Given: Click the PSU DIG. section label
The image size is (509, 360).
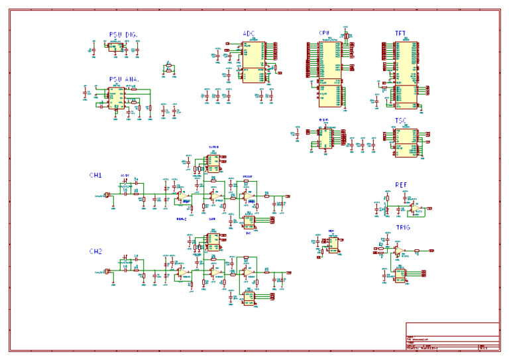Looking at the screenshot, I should click(123, 34).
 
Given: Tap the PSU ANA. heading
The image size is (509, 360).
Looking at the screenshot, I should click(124, 80).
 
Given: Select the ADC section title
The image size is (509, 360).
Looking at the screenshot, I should click(249, 33).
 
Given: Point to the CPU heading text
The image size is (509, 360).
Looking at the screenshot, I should click(324, 33).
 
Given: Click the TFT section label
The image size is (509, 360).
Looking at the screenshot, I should click(401, 33).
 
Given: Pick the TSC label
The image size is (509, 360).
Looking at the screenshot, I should click(401, 121).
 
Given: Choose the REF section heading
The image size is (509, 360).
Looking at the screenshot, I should click(401, 186).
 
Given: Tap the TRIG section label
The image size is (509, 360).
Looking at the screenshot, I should click(403, 227).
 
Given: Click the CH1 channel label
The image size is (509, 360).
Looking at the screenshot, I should click(95, 176).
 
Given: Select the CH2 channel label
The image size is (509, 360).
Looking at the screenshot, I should click(95, 252).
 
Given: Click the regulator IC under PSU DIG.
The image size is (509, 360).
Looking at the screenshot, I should click(116, 48).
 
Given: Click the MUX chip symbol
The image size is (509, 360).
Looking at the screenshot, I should click(333, 245).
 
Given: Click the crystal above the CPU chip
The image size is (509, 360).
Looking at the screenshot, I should click(345, 35).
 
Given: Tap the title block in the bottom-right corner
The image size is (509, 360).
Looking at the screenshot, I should click(452, 336).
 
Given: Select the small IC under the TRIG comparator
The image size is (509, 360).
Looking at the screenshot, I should click(400, 274).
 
